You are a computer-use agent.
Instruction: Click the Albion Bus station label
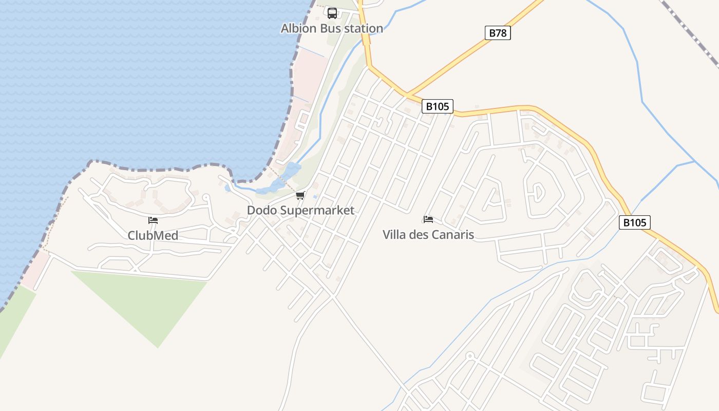click(332, 28)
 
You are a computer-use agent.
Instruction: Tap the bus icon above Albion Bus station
click(332, 13)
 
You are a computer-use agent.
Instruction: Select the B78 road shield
click(498, 33)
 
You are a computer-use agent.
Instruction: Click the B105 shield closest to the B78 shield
click(438, 106)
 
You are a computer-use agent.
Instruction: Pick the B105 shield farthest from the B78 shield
click(635, 222)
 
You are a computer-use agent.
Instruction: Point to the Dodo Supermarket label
click(300, 210)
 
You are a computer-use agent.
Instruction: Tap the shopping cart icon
click(300, 196)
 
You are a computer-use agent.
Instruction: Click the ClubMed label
click(153, 235)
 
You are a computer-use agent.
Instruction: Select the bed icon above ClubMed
click(153, 221)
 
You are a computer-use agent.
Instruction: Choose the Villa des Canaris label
click(428, 235)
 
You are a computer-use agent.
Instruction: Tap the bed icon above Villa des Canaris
click(428, 220)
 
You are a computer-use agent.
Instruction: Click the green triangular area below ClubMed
click(149, 303)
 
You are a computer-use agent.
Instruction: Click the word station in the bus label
click(364, 28)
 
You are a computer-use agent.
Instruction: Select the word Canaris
click(452, 235)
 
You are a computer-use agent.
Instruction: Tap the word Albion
click(298, 28)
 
